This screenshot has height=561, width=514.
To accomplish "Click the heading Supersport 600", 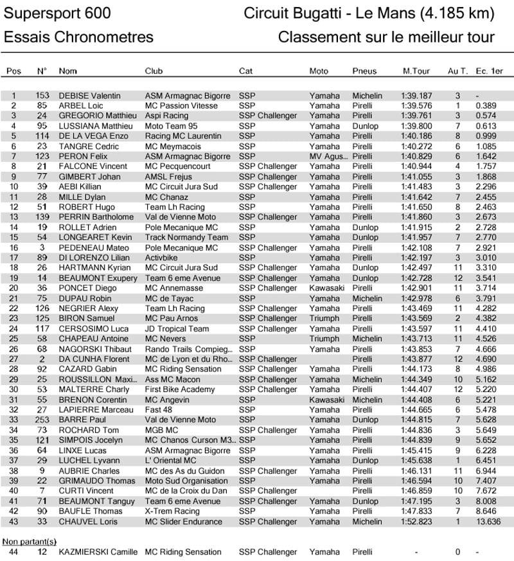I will tap(57, 13).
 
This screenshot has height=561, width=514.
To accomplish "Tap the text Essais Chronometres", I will tap(78, 37).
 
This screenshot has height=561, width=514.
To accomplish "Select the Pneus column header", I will tap(364, 71).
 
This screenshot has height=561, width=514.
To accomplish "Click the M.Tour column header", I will tap(416, 71).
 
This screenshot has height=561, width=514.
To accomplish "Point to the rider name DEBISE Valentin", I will tap(89, 96).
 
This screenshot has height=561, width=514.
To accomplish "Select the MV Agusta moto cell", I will tap(326, 157).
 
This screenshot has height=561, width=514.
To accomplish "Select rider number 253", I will tap(42, 420).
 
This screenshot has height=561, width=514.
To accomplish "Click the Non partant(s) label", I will tap(30, 541).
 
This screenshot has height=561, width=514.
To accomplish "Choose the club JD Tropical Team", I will tap(177, 329).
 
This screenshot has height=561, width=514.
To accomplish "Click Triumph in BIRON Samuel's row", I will tap(324, 319).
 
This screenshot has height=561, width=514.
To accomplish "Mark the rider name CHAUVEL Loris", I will tap(88, 522).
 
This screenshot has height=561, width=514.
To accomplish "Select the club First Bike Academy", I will tap(180, 390).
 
